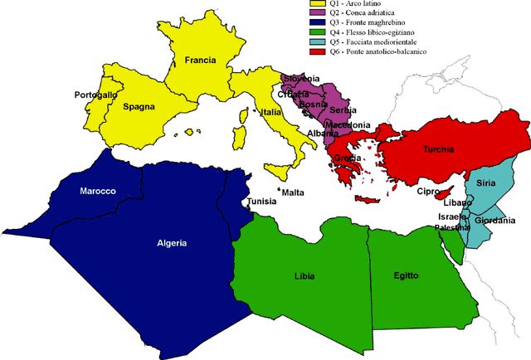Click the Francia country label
pyautogui.click(x=201, y=61)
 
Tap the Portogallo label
pyautogui.click(x=95, y=95)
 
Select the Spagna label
pyautogui.click(x=138, y=106)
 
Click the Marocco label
pyautogui.click(x=97, y=191)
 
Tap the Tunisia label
pyautogui.click(x=261, y=202)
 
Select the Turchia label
pyautogui.click(x=438, y=149)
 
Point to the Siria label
pyautogui.click(x=486, y=183)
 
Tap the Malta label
pyautogui.click(x=293, y=192)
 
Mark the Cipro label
pyautogui.click(x=427, y=192)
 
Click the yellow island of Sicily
pyautogui.click(x=280, y=173)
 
